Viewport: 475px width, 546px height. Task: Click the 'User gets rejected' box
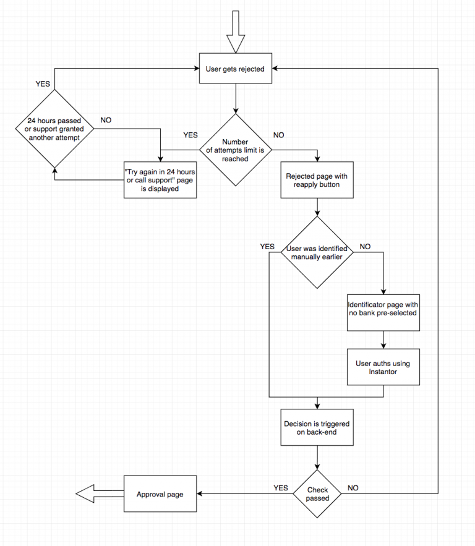(235, 69)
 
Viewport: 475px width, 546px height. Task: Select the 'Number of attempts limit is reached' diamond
(235, 150)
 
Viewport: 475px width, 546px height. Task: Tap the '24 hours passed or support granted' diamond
(54, 129)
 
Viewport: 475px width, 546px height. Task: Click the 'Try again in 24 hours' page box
(160, 180)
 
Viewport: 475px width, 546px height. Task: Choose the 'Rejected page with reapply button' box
(317, 180)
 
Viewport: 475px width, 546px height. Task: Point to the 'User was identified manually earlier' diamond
(317, 252)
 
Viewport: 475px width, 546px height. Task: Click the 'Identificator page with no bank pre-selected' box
(384, 309)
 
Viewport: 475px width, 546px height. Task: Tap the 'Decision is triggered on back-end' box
(317, 428)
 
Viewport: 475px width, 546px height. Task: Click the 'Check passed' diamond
(317, 493)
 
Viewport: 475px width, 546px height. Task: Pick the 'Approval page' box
(160, 494)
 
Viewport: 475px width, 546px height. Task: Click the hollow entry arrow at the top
(235, 32)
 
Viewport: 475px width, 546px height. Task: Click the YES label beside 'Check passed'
(281, 488)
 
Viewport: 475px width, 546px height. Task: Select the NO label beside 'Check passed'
(353, 488)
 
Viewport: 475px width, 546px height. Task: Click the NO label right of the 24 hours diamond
(106, 120)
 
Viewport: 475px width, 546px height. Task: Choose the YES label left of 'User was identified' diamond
(267, 246)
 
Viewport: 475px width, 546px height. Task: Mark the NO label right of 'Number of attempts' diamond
(279, 134)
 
